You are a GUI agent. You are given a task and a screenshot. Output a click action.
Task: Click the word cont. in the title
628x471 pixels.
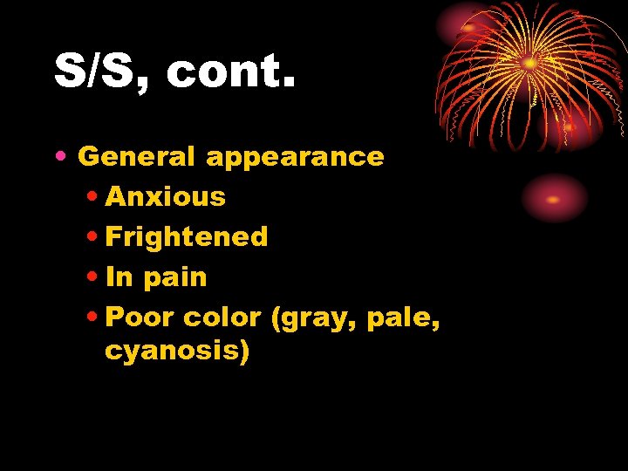[231, 72]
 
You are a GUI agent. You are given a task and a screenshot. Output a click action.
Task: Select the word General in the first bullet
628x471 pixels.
[137, 157]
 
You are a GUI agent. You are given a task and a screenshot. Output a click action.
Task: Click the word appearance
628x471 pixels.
[295, 158]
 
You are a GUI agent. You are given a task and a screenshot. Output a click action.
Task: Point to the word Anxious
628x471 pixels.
[166, 197]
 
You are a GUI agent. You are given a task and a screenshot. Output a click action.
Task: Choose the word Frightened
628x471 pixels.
[187, 237]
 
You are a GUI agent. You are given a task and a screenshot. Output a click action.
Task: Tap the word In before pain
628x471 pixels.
[118, 277]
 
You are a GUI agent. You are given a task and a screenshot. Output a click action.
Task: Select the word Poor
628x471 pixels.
[140, 317]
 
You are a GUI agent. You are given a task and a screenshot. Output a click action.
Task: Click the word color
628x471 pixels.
[222, 317]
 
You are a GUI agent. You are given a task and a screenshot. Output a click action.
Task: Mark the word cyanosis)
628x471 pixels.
[177, 352]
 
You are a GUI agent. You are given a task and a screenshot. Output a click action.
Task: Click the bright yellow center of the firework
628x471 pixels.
[529, 64]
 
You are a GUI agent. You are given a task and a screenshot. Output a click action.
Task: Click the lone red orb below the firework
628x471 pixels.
[554, 199]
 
